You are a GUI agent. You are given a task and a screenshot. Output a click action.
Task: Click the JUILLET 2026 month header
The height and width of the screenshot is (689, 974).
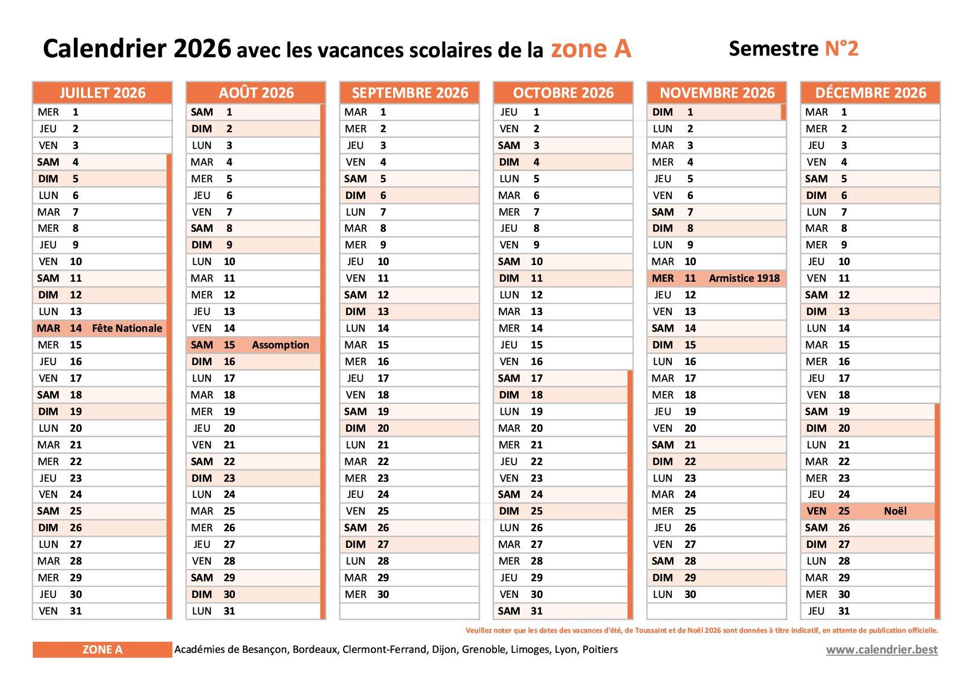(x=103, y=93)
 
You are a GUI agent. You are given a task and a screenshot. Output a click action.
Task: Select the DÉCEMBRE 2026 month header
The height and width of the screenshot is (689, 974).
(x=871, y=93)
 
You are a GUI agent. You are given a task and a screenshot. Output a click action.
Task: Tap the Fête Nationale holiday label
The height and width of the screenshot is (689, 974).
(x=127, y=328)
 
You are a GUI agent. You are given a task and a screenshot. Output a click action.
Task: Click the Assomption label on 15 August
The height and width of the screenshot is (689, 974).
(x=280, y=345)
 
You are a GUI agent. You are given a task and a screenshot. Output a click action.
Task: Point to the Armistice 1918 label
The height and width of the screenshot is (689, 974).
(x=744, y=278)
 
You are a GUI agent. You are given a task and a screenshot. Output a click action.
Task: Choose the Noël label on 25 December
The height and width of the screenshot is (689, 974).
(x=895, y=511)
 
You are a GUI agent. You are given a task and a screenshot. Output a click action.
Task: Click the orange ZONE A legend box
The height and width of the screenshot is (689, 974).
(x=103, y=650)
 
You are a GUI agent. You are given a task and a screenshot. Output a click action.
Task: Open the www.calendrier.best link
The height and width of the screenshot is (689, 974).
(x=882, y=650)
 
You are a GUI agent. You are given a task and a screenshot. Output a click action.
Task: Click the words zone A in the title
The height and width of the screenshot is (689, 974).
(x=591, y=49)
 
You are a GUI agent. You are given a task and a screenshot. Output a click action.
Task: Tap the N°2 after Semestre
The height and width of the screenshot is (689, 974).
(x=841, y=48)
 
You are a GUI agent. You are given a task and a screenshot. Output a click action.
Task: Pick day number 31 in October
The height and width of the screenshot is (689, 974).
(x=536, y=611)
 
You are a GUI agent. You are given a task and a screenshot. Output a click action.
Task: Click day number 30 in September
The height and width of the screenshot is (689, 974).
(x=383, y=595)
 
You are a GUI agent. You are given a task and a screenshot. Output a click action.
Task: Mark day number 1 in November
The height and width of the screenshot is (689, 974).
(x=690, y=112)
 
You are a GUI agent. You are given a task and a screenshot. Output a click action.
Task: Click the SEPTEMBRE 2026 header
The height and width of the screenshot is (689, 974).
(x=410, y=93)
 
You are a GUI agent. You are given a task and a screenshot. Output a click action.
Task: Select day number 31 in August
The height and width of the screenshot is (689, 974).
(x=229, y=611)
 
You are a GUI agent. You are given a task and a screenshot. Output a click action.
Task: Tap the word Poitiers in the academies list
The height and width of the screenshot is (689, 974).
(x=600, y=650)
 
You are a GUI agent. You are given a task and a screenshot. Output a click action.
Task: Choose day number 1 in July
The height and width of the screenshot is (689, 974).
(x=76, y=112)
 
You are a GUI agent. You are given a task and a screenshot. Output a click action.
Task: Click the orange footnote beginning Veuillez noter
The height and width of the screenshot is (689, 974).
(x=702, y=631)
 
